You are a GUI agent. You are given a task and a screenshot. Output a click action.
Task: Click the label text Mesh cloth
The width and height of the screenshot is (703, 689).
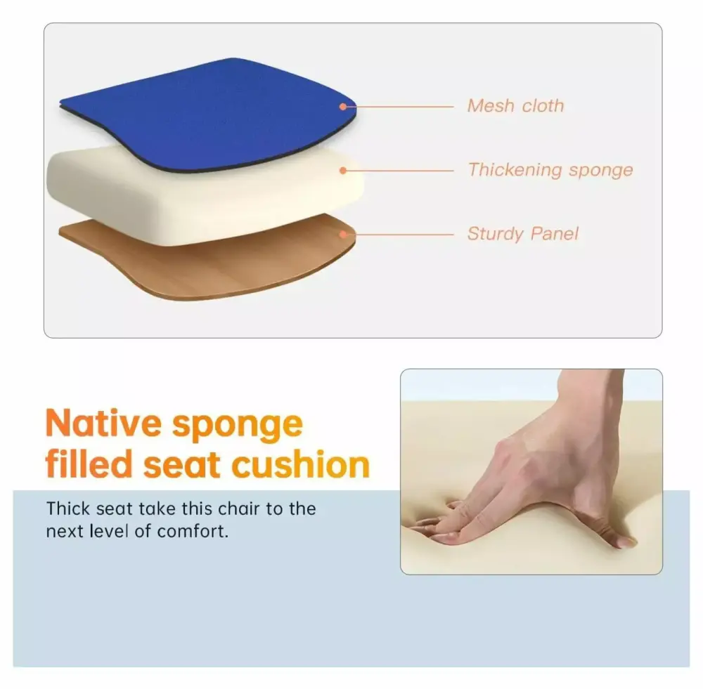pos(515,106)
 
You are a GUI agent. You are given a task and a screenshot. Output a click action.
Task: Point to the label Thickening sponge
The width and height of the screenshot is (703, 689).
pos(550,170)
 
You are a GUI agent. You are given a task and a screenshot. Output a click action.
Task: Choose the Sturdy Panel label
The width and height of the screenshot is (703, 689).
pos(523,234)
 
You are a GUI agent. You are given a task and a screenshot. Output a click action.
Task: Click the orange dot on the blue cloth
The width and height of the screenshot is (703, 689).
pos(343,107)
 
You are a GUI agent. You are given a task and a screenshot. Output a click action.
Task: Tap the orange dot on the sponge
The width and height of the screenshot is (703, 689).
pos(343,171)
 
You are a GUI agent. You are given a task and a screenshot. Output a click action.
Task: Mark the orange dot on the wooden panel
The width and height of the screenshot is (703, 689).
pos(343,235)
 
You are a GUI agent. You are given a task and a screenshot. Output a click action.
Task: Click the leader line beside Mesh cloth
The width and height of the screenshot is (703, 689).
pos(400,107)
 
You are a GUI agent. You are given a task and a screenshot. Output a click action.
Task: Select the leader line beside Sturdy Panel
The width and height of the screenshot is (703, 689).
pos(400,235)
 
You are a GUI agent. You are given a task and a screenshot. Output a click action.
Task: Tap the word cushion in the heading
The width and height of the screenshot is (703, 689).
pos(301,464)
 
